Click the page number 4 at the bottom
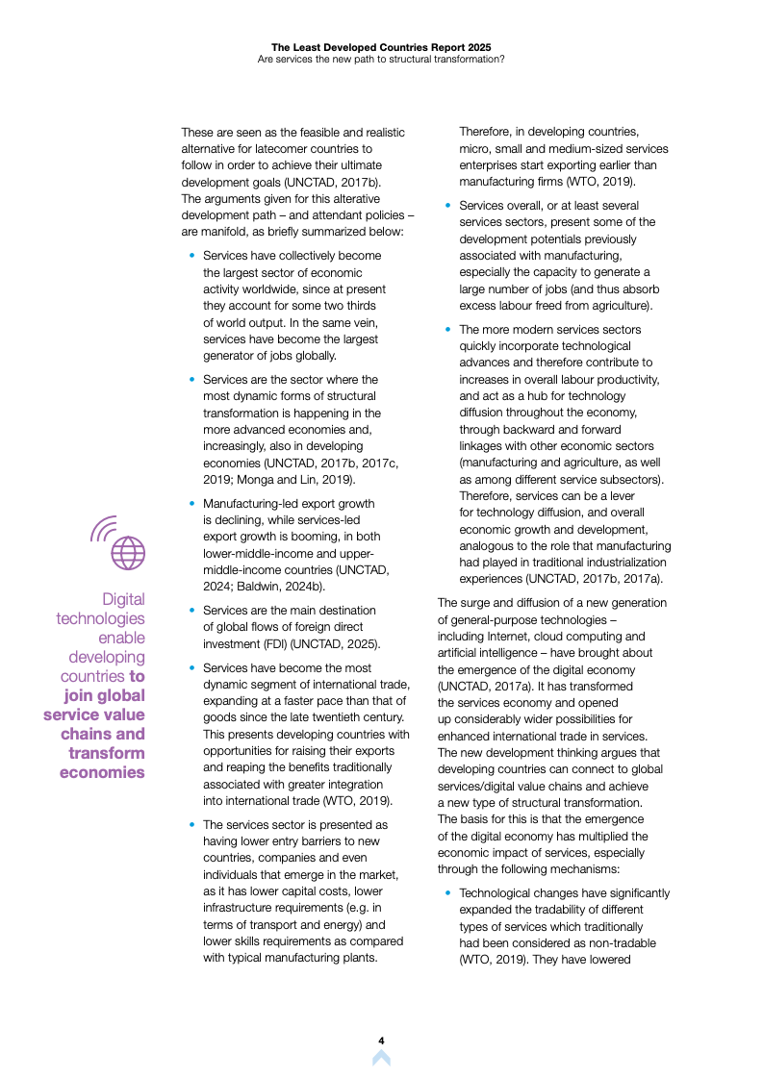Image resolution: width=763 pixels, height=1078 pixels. (381, 1040)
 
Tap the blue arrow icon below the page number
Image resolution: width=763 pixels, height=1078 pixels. (381, 1058)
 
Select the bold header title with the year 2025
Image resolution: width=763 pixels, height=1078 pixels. (381, 45)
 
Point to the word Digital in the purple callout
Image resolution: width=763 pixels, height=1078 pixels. (123, 599)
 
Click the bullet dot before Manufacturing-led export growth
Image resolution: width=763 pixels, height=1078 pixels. (192, 503)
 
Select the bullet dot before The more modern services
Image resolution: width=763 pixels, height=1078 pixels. (448, 329)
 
